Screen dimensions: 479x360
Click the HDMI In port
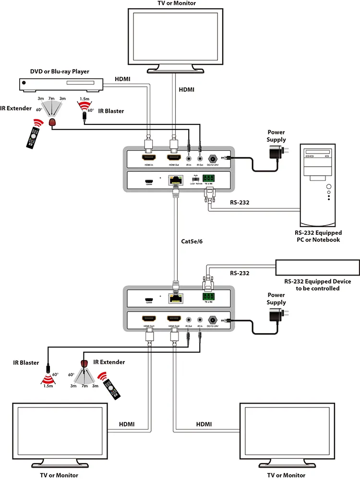[148, 157]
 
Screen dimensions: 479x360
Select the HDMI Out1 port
[148, 318]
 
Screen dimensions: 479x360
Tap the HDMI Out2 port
[174, 318]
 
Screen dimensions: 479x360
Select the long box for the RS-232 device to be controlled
[317, 267]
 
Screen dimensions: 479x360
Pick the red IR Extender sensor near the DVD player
[53, 123]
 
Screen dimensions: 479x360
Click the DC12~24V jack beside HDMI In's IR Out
[213, 157]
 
